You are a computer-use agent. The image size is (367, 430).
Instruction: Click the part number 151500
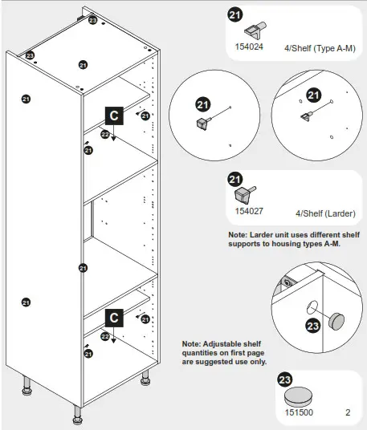pyautogui.click(x=297, y=414)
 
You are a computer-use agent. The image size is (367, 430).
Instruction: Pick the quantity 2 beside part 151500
pyautogui.click(x=347, y=414)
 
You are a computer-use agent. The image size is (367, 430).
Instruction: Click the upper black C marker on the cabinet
pyautogui.click(x=114, y=116)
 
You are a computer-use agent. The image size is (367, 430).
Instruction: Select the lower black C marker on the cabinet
pyautogui.click(x=114, y=318)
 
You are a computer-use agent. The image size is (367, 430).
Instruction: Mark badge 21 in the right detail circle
pyautogui.click(x=313, y=96)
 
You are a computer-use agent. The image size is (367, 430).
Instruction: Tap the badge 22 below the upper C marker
pyautogui.click(x=105, y=134)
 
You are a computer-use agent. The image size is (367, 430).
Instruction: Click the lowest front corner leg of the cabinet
pyautogui.click(x=78, y=415)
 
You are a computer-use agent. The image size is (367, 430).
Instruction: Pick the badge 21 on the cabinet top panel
pyautogui.click(x=83, y=65)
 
